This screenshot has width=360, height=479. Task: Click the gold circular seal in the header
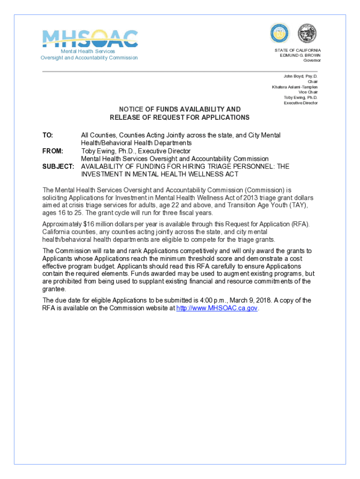click(280, 33)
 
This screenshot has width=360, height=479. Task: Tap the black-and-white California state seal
click(307, 33)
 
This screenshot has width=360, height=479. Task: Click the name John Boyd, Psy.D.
click(301, 76)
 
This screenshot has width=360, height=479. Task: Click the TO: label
click(48, 135)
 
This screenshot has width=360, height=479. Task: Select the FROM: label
click(52, 151)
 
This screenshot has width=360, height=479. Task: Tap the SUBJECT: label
click(58, 167)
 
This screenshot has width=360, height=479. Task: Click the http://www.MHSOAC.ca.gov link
click(217, 308)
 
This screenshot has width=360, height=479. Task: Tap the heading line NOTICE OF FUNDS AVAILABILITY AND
click(180, 109)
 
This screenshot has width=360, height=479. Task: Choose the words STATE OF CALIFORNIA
click(298, 50)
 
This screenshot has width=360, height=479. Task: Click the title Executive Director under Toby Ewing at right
click(301, 103)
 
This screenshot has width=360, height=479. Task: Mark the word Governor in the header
click(312, 60)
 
